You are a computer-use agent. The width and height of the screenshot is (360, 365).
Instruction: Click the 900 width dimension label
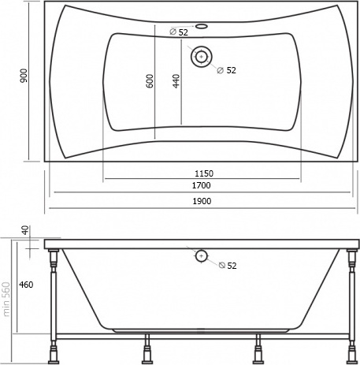(x=24, y=76)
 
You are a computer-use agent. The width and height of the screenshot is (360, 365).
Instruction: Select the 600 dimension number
(x=150, y=81)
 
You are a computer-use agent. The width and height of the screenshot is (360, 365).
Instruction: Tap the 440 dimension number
(x=176, y=81)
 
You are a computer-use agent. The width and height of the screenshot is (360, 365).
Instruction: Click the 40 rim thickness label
(x=25, y=230)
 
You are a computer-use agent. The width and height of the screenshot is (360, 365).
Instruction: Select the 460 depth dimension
(x=26, y=285)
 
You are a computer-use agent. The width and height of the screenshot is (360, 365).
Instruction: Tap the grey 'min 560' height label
(x=6, y=300)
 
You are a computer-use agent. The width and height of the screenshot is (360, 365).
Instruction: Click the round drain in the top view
(x=202, y=57)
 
